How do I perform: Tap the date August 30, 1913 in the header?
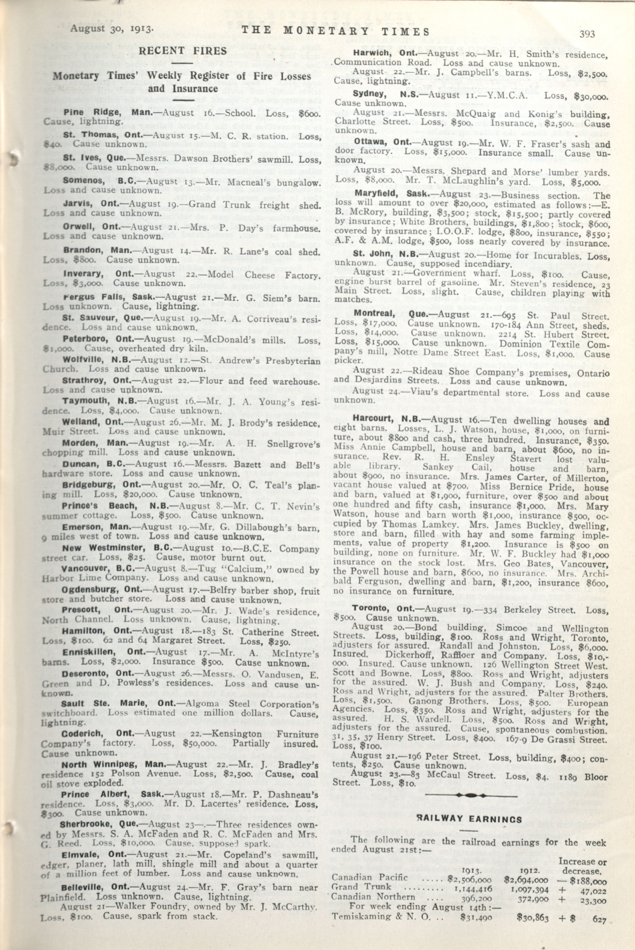[111, 29]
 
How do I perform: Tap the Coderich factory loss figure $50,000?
[200, 744]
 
